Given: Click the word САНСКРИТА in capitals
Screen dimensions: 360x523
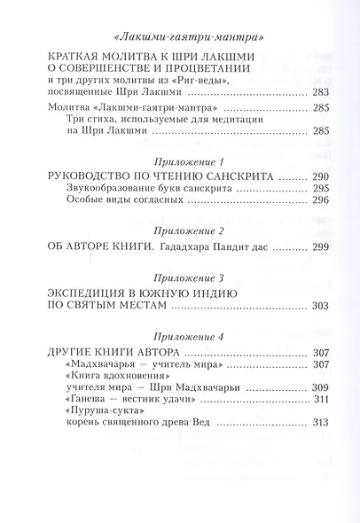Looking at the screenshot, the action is pos(239,176).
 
